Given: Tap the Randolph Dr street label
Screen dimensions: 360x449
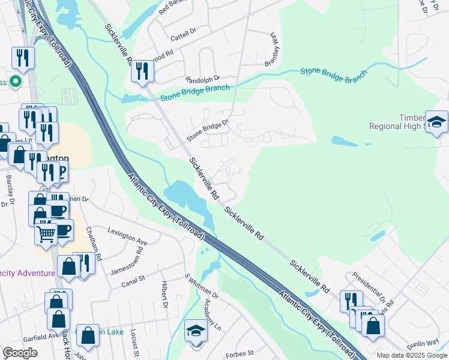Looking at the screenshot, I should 203,79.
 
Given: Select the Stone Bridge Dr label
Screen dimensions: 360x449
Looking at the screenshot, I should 208,130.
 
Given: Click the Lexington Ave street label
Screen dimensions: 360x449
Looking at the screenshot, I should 127,236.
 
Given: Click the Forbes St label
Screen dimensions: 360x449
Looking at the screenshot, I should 240,354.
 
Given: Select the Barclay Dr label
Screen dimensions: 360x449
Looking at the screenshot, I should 10,191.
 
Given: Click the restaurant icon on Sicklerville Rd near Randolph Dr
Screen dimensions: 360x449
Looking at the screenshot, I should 142,72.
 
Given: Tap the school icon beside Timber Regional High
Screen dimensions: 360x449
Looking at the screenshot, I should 436,121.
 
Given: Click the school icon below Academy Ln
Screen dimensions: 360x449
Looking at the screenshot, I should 196,332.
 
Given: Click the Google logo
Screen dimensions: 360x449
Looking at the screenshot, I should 20,353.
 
